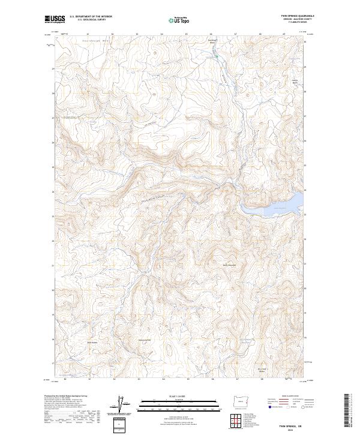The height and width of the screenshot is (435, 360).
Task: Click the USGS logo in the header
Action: point(55,19)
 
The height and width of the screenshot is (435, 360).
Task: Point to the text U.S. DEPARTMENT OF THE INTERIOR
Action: point(91,16)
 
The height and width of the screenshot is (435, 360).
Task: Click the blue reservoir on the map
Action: point(270,205)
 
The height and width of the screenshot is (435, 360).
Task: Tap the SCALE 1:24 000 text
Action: point(167,395)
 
